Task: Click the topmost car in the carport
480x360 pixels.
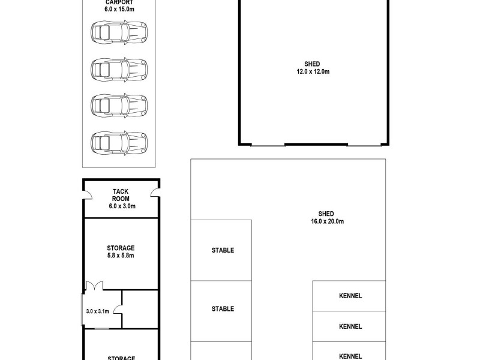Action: pyautogui.click(x=119, y=32)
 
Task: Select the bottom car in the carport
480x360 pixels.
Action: pyautogui.click(x=119, y=142)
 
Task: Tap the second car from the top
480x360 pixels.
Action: pyautogui.click(x=119, y=69)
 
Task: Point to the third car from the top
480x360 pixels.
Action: pyautogui.click(x=119, y=105)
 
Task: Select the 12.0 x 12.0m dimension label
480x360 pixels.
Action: pyautogui.click(x=313, y=71)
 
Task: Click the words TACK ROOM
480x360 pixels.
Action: pyautogui.click(x=122, y=195)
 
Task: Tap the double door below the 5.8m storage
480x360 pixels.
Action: pyautogui.click(x=94, y=287)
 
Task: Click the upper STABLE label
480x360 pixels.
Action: pyautogui.click(x=223, y=250)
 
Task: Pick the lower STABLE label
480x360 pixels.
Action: pyautogui.click(x=223, y=309)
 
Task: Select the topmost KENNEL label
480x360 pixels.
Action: pyautogui.click(x=350, y=296)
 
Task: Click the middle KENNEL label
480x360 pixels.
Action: pyautogui.click(x=350, y=327)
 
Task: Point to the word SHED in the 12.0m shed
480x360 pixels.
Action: pyautogui.click(x=313, y=64)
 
